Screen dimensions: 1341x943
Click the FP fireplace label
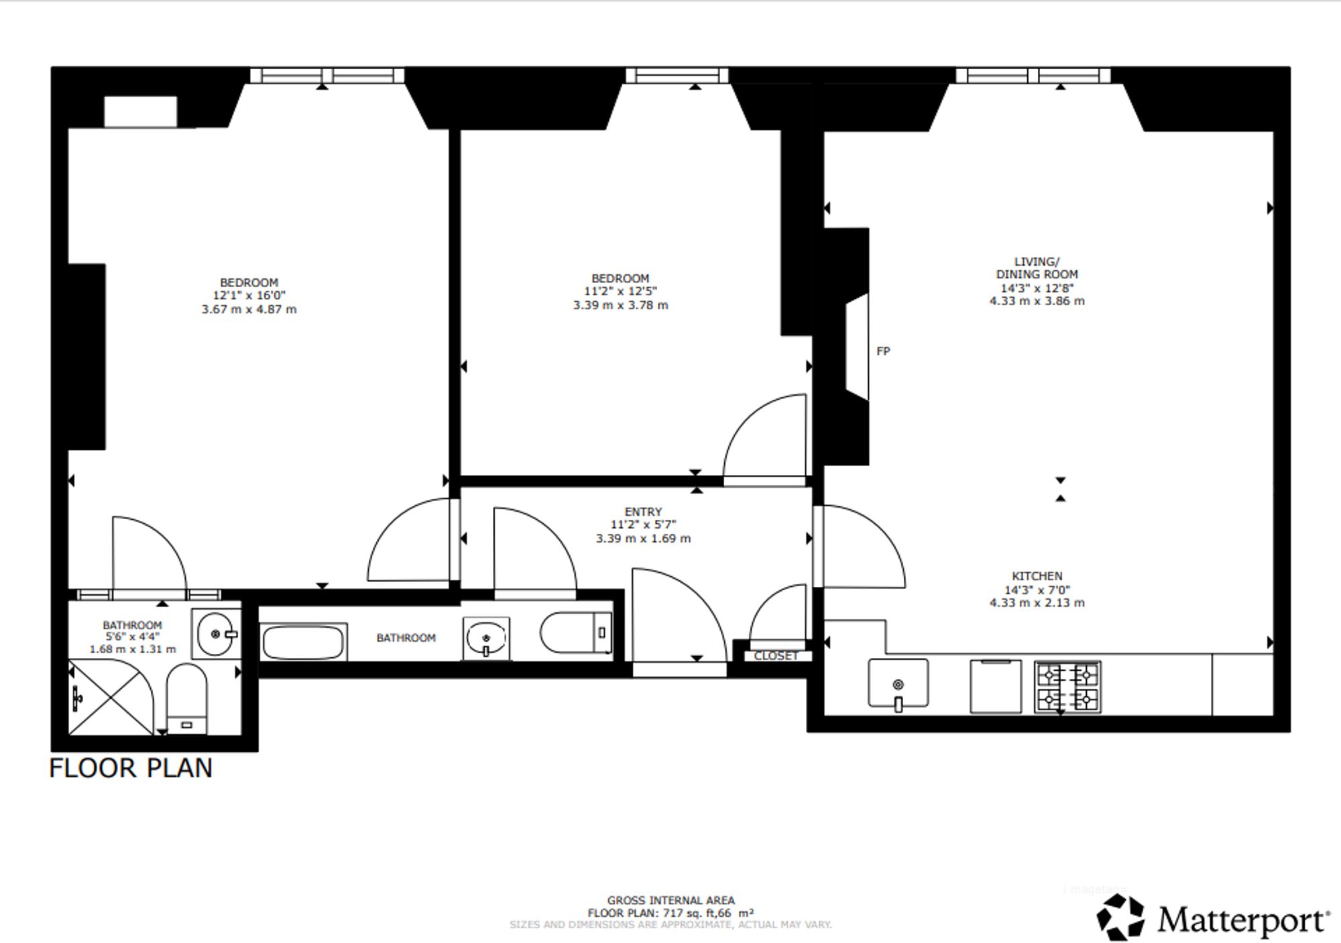click(883, 351)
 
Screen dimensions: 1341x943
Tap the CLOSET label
click(776, 656)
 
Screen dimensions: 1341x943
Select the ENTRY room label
click(643, 512)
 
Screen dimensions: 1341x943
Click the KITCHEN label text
click(1037, 576)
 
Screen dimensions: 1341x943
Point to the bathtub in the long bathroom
click(304, 642)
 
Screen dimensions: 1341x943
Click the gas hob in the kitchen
click(1067, 686)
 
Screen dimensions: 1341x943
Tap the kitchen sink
click(898, 684)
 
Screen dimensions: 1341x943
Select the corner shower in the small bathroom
click(111, 698)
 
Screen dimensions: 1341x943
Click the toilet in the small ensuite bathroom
click(186, 699)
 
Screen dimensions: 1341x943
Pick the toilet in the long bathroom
click(577, 632)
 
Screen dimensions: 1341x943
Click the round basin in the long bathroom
click(485, 637)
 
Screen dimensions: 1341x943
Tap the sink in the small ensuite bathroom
click(215, 633)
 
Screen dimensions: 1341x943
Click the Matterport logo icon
click(1120, 917)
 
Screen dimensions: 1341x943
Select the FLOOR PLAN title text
click(131, 768)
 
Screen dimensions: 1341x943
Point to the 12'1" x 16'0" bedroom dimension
click(249, 296)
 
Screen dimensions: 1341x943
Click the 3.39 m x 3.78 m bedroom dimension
click(620, 305)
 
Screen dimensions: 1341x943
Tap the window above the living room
click(1033, 75)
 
